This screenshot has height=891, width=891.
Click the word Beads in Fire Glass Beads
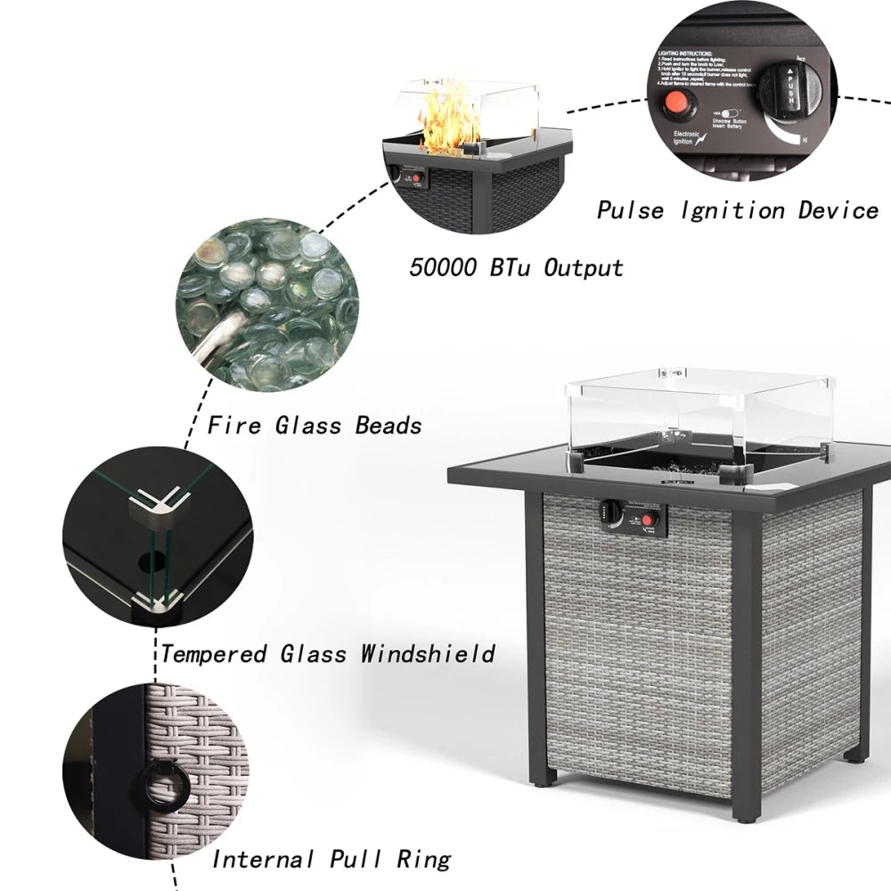(x=388, y=425)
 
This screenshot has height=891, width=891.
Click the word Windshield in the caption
(x=428, y=654)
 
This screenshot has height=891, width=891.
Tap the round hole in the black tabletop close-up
(x=157, y=561)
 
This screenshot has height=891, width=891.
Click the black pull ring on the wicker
(x=161, y=783)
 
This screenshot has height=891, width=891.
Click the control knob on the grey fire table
(x=609, y=511)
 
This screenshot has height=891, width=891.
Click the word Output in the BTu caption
(x=584, y=266)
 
